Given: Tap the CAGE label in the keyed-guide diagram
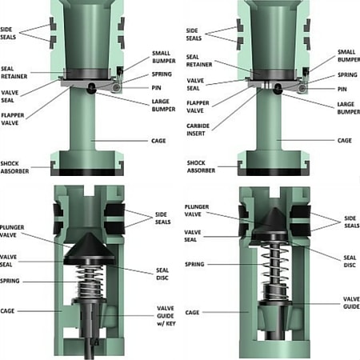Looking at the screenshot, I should (15, 310).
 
